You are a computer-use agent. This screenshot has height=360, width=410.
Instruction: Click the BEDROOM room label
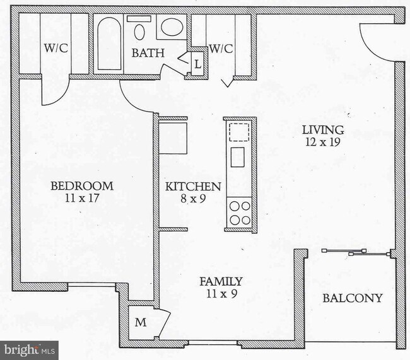(82, 186)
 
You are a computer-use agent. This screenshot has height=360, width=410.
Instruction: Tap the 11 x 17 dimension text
(82, 198)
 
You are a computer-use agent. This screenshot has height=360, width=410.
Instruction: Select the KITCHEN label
(193, 187)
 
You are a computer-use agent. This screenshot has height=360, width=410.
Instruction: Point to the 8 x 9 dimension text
(193, 199)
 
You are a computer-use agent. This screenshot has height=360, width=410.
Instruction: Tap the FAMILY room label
(221, 281)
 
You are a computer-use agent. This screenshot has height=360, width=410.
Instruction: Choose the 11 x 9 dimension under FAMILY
(221, 293)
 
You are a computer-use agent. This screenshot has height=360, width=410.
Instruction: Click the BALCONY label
(353, 298)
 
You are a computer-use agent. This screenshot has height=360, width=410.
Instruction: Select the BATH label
(148, 53)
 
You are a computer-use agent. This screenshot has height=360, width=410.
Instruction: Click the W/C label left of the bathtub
(56, 48)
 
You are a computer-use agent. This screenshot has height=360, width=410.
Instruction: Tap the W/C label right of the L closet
(221, 48)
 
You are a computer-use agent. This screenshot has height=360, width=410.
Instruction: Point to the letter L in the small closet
(197, 64)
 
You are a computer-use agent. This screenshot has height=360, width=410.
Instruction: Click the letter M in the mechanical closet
(141, 323)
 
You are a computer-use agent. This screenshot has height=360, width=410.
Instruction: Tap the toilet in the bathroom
(139, 28)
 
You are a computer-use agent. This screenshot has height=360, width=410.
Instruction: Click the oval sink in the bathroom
(171, 27)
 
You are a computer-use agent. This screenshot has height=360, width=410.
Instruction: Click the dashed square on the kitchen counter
(239, 132)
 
